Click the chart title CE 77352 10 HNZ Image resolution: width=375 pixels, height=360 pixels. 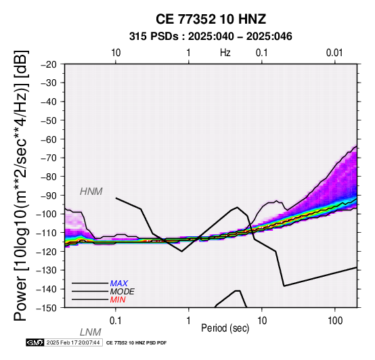coord(211,19)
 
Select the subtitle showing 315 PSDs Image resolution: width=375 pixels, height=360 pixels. coord(211,37)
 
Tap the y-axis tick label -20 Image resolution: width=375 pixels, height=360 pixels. coord(49,64)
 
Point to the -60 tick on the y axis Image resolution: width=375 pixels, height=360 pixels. coord(49,139)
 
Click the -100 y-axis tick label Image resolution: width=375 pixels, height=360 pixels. coord(47,214)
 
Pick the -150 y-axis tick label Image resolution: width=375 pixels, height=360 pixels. coord(47,308)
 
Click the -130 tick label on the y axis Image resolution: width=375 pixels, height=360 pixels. coord(47,271)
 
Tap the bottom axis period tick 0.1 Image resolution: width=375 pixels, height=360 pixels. coord(116,321)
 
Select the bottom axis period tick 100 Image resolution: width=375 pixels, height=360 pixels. coord(335,321)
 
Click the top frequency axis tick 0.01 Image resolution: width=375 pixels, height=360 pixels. coord(334,53)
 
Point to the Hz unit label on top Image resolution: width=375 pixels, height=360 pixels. coord(225,53)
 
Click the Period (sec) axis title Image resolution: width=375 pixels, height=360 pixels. coord(225,328)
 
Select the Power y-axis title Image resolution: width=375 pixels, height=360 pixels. coord(21,185)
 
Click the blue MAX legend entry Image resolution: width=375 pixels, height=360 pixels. coord(119,284)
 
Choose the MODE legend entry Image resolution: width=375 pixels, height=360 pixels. coord(123,292)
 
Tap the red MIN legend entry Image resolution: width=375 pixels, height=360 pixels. coord(118,300)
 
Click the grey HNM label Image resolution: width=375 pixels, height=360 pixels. coord(91,192)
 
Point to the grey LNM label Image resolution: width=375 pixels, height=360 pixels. coord(91,332)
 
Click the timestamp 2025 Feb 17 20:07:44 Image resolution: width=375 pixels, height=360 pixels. coord(73,342)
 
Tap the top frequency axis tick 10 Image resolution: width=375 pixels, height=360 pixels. coord(116,53)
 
